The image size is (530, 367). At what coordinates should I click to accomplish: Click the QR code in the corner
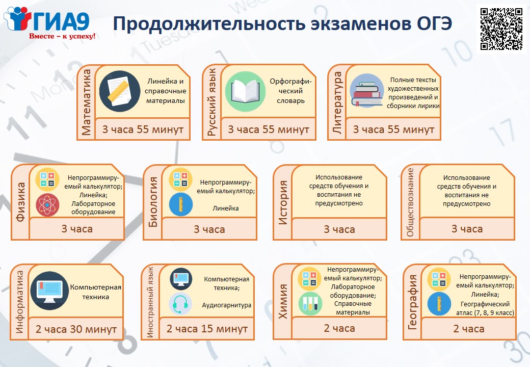501,29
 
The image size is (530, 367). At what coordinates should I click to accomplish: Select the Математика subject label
87,102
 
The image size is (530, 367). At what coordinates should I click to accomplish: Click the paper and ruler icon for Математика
119,91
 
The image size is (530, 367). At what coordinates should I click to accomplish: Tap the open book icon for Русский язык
246,91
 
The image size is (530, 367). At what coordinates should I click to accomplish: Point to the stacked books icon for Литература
366,91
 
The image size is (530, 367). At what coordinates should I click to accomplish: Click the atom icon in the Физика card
47,205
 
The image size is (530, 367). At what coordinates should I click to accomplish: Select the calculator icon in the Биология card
180,179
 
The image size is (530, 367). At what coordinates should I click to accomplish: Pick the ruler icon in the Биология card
181,204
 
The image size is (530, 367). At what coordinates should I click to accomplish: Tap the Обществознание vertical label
410,202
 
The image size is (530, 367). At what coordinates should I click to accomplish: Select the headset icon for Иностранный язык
180,304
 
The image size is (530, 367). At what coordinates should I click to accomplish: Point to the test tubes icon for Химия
310,304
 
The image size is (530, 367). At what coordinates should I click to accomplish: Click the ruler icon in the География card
439,304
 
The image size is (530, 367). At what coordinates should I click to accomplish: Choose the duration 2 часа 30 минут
76,329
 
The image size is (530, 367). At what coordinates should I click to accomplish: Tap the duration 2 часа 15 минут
207,328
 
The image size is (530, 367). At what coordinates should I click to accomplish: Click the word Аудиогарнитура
226,305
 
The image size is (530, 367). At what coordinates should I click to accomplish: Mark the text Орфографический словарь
290,91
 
